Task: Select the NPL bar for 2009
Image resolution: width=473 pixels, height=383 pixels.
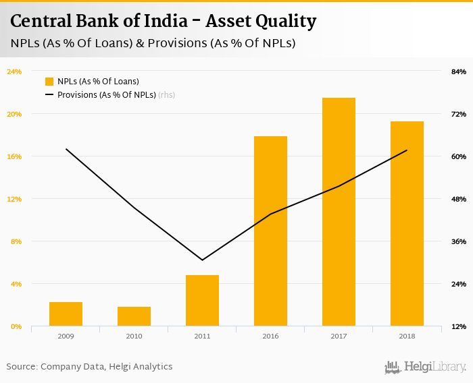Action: click(x=66, y=314)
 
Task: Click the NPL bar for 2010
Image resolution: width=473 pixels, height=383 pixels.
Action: click(x=134, y=316)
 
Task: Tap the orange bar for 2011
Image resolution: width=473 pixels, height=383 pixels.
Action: click(x=202, y=301)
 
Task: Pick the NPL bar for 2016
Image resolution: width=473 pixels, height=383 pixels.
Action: click(x=270, y=231)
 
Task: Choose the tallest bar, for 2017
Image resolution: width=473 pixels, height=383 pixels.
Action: click(x=339, y=212)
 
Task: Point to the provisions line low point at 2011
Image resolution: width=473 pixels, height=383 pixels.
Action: click(x=202, y=260)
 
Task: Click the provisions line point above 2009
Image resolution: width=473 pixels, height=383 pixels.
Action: click(x=66, y=149)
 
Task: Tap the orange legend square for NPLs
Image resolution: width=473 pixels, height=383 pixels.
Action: click(x=49, y=82)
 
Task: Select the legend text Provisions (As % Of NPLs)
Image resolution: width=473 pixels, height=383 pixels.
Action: click(x=107, y=95)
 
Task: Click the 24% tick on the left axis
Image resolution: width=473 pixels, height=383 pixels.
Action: click(x=14, y=71)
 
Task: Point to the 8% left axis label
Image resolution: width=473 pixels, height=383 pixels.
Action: click(x=16, y=241)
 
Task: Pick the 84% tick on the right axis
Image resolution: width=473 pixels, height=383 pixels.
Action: click(x=459, y=71)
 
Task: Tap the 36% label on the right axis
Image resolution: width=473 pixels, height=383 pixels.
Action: click(x=459, y=241)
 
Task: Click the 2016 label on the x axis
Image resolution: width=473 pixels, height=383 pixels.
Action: click(x=270, y=335)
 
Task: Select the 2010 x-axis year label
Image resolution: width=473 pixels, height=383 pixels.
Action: click(x=134, y=335)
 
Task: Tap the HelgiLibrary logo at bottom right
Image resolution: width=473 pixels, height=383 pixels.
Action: click(x=426, y=367)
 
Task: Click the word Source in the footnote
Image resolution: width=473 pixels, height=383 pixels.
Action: click(x=21, y=367)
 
